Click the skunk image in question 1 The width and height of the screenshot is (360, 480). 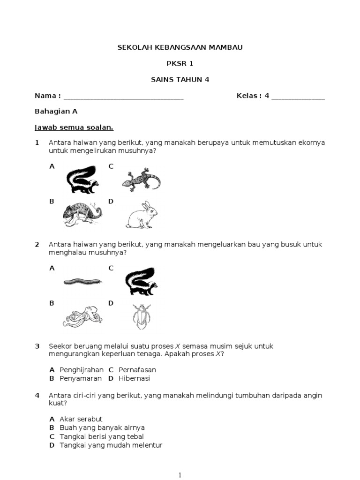pos(82,179)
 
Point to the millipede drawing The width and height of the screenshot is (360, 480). pos(83,282)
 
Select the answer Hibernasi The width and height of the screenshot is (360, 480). pos(134,378)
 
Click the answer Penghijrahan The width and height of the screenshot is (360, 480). pos(81,370)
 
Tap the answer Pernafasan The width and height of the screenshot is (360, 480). pos(137,370)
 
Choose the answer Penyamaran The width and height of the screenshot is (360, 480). pos(79,378)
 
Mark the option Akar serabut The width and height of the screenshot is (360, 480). pos(81,419)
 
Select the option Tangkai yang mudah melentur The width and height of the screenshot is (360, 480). pos(111,445)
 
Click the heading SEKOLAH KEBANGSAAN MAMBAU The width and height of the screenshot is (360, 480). pos(180,47)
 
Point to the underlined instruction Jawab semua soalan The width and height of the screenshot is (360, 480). pos(74,127)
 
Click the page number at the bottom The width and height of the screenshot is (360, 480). pos(180,475)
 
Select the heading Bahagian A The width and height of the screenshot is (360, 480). pos(56,112)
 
